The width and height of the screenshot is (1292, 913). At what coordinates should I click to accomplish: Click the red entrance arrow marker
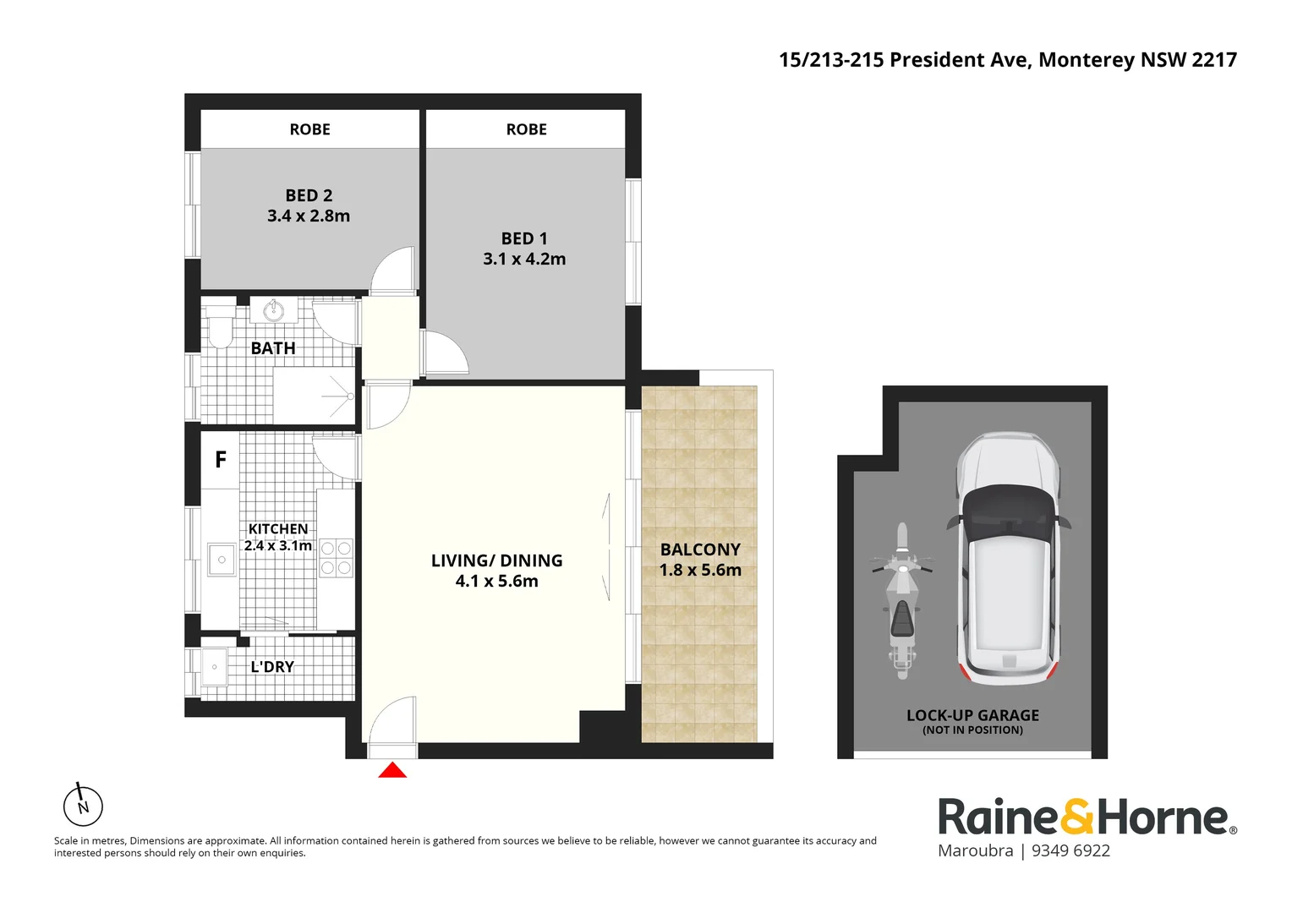392,770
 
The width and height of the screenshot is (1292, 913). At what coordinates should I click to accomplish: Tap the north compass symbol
83,806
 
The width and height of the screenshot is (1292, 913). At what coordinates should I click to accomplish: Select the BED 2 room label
309,195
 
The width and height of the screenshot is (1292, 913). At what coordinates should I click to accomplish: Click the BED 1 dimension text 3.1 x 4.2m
524,260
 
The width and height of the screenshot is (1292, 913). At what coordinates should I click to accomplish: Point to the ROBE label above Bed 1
526,129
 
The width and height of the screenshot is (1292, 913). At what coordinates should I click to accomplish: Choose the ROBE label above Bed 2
309,129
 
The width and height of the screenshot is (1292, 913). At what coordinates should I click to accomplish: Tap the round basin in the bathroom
273,311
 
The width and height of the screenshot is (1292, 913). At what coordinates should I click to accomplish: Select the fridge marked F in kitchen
221,460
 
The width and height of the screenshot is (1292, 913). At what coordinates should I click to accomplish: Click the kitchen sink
222,560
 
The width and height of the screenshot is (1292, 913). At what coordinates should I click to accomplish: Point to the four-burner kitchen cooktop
336,559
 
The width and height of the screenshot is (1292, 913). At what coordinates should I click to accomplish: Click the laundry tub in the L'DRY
214,667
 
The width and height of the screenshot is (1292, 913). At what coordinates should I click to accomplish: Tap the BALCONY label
700,549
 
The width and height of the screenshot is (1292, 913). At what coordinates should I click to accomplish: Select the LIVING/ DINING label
496,560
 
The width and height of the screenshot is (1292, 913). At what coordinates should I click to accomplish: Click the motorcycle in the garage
902,600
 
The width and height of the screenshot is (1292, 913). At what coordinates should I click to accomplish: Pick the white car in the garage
1008,558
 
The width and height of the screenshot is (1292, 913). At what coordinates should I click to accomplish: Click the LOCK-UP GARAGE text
972,715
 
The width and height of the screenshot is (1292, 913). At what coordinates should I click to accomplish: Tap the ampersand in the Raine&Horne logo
1076,817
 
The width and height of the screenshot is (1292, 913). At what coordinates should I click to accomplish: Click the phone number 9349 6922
1070,851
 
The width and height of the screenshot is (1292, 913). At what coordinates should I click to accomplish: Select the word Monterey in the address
1086,60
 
